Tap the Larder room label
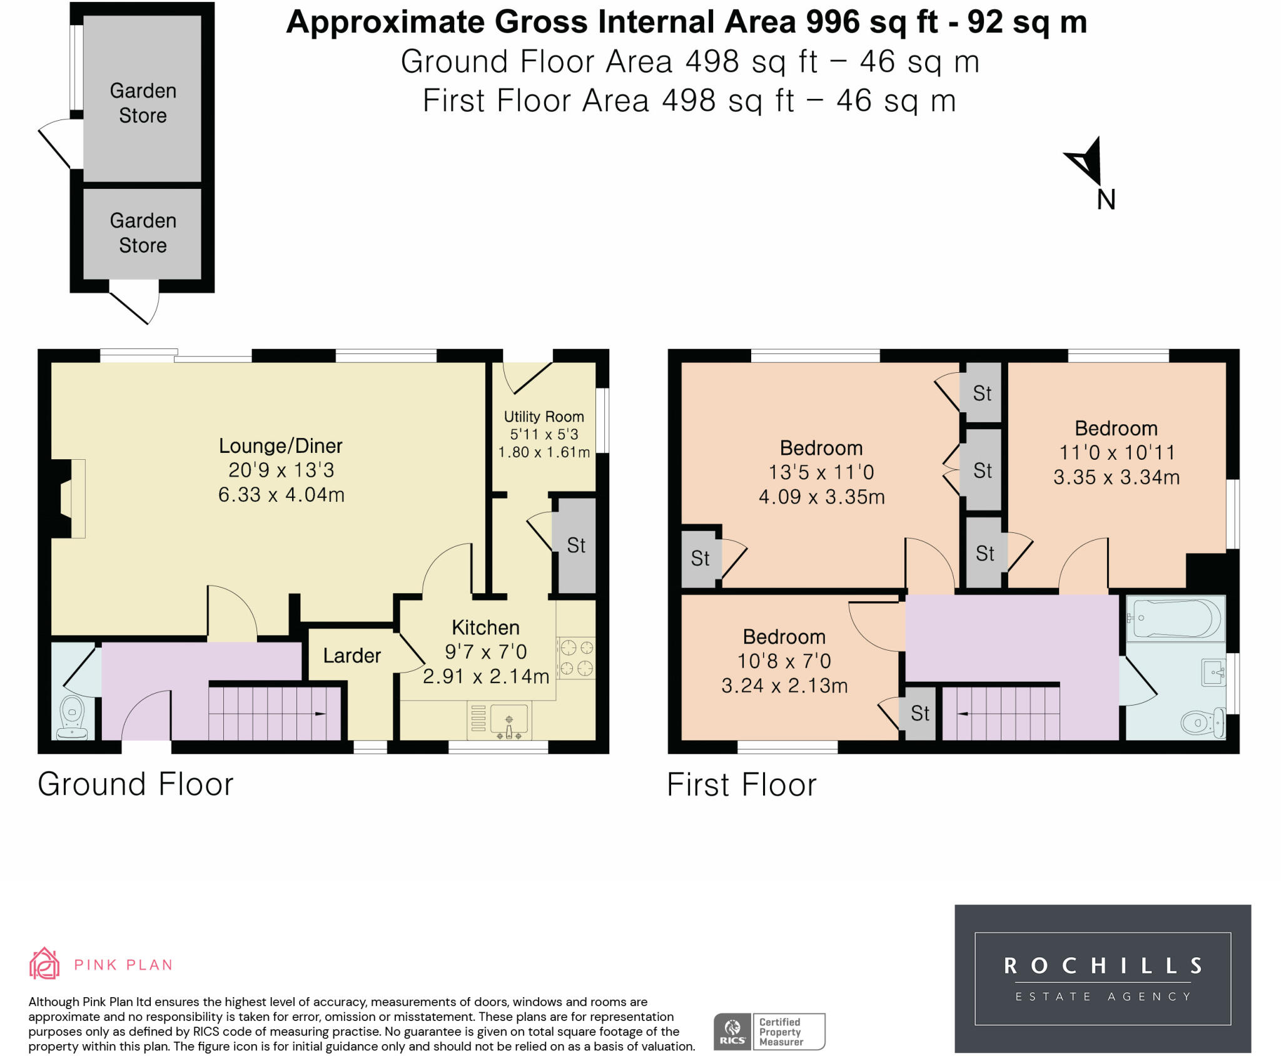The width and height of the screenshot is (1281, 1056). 352,656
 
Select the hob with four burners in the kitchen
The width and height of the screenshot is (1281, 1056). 576,658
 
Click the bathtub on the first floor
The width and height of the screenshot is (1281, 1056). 1176,618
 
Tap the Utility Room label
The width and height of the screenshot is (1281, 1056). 544,417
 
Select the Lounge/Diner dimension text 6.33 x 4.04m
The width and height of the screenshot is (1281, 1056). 281,495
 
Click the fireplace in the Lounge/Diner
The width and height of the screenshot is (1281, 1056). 68,499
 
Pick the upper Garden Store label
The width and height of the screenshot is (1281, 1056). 143,103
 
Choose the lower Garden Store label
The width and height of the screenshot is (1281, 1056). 143,233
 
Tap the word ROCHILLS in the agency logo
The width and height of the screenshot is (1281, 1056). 1103,966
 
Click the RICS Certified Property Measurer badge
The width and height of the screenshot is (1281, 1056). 769,1032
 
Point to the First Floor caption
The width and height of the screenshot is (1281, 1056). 742,784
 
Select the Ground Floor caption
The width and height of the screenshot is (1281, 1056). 136,784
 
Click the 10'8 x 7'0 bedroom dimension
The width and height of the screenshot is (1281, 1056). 784,661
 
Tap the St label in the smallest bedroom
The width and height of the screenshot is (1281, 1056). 920,713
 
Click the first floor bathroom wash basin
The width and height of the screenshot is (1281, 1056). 1213,673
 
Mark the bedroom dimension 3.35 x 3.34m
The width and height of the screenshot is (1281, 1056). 1116,477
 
